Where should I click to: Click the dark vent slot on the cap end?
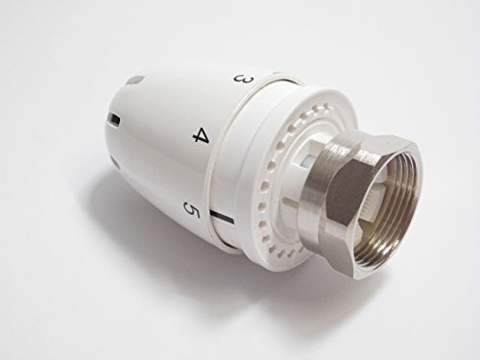[115, 120]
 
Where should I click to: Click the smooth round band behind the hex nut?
[331, 182]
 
